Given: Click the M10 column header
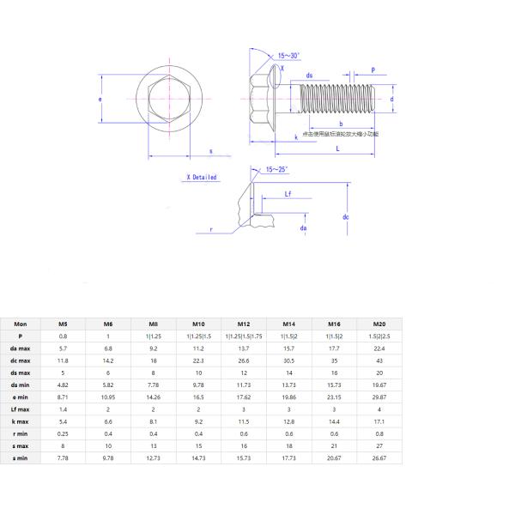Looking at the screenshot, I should pos(198,324).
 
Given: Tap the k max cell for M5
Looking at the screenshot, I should pos(63,422).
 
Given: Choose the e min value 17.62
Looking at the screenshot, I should pos(243,398).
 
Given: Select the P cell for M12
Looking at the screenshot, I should pos(243,336).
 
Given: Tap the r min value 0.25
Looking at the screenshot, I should pos(63,434).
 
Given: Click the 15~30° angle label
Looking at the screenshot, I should pos(289,56).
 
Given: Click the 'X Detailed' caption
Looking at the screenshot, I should pos(201,178).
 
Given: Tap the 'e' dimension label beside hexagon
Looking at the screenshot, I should pos(101,100).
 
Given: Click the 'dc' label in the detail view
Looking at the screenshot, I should pos(345,217).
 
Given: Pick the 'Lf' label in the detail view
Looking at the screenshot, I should pos(289,195).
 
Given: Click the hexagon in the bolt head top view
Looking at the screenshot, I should pos(160,100).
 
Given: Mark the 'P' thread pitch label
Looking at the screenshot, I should pos(373,70).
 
